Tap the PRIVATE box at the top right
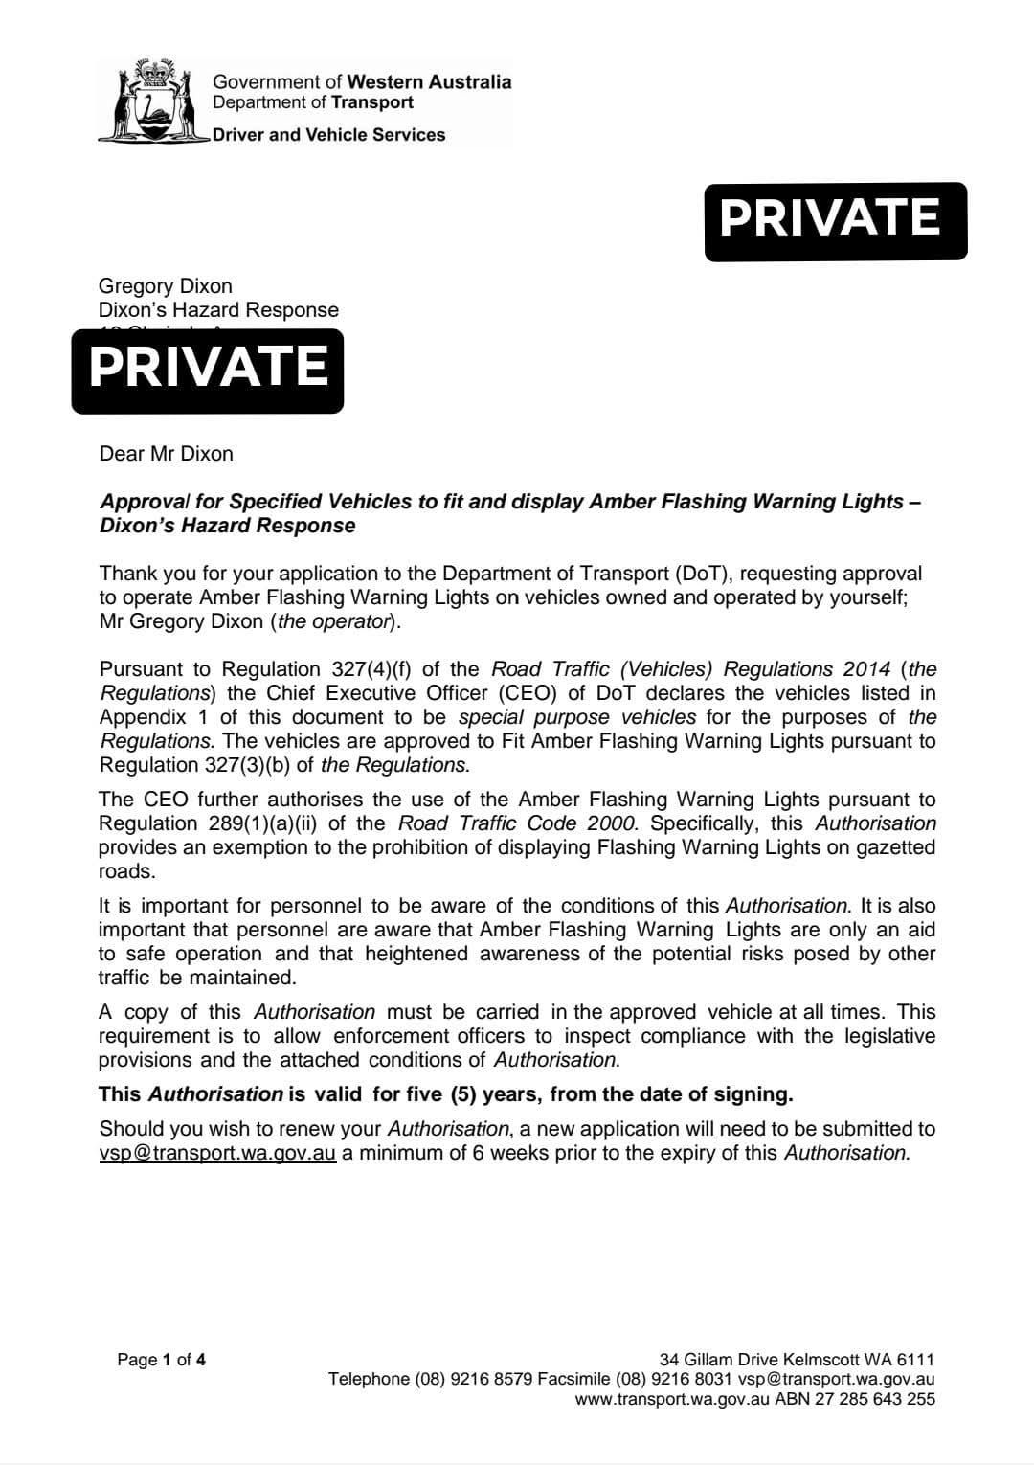[x=835, y=220]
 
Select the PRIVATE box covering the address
[x=208, y=370]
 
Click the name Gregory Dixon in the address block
[x=166, y=285]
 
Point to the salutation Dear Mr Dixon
[x=167, y=453]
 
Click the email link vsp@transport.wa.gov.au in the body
[x=217, y=1152]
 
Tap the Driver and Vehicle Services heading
[x=328, y=135]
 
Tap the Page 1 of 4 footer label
[x=161, y=1359]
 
